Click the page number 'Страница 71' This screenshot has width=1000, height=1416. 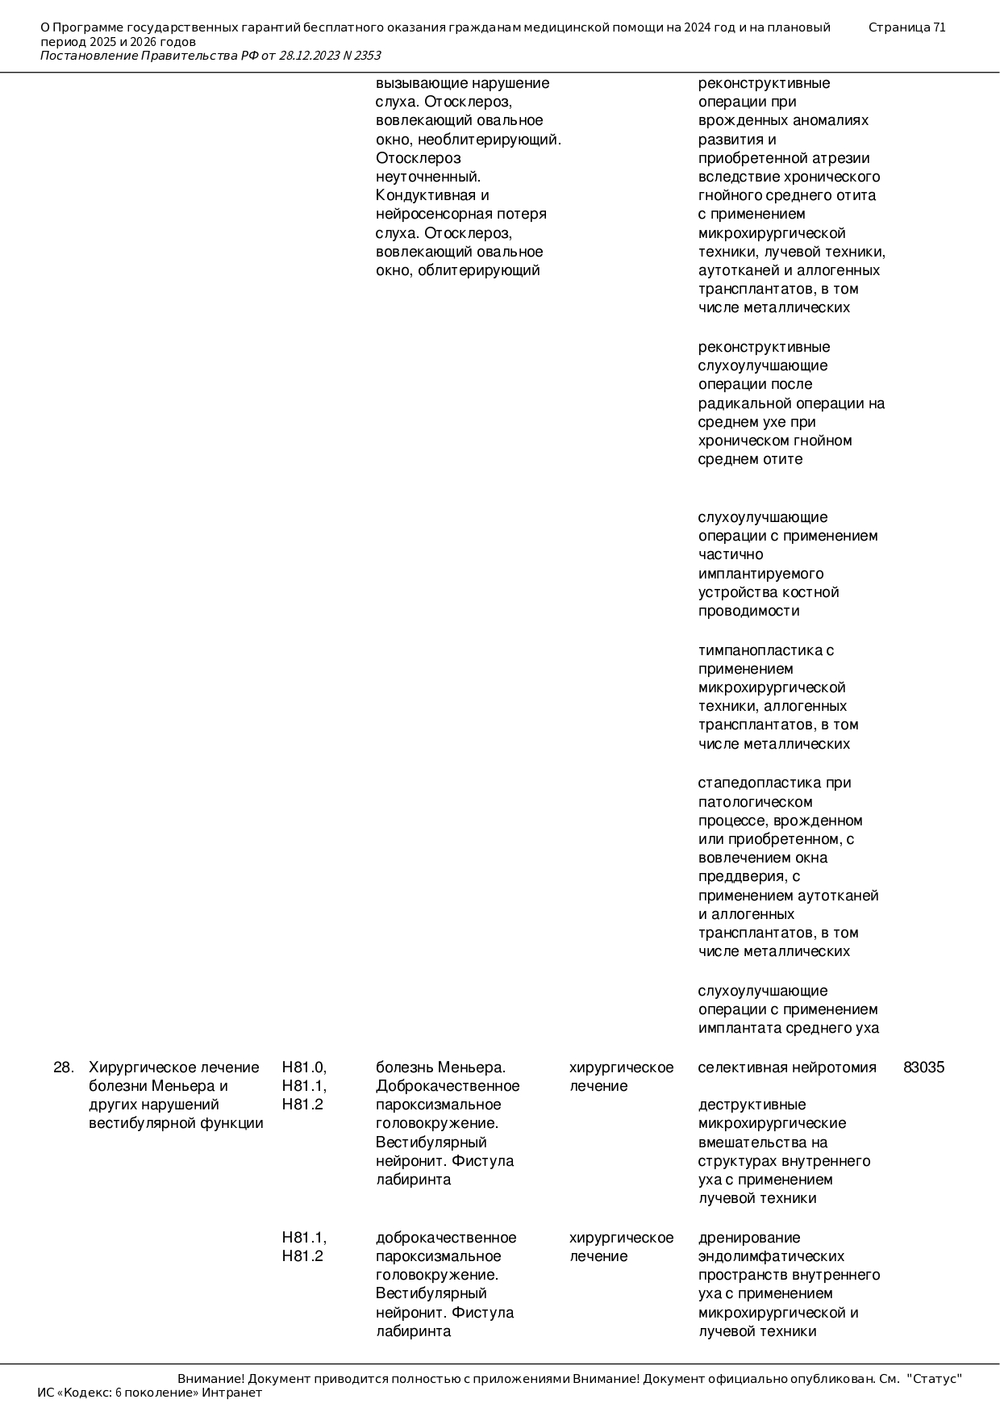(906, 27)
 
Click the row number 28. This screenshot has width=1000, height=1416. (63, 1067)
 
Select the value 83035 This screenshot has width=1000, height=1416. (923, 1067)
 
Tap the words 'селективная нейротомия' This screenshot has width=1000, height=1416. (786, 1067)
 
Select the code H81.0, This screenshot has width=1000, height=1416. (304, 1067)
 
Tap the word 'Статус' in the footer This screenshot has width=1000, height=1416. (935, 1379)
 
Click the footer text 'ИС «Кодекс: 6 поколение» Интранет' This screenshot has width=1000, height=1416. (149, 1393)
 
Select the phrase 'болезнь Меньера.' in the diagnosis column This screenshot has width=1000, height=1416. (440, 1067)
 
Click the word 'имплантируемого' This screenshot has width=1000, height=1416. (760, 574)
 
